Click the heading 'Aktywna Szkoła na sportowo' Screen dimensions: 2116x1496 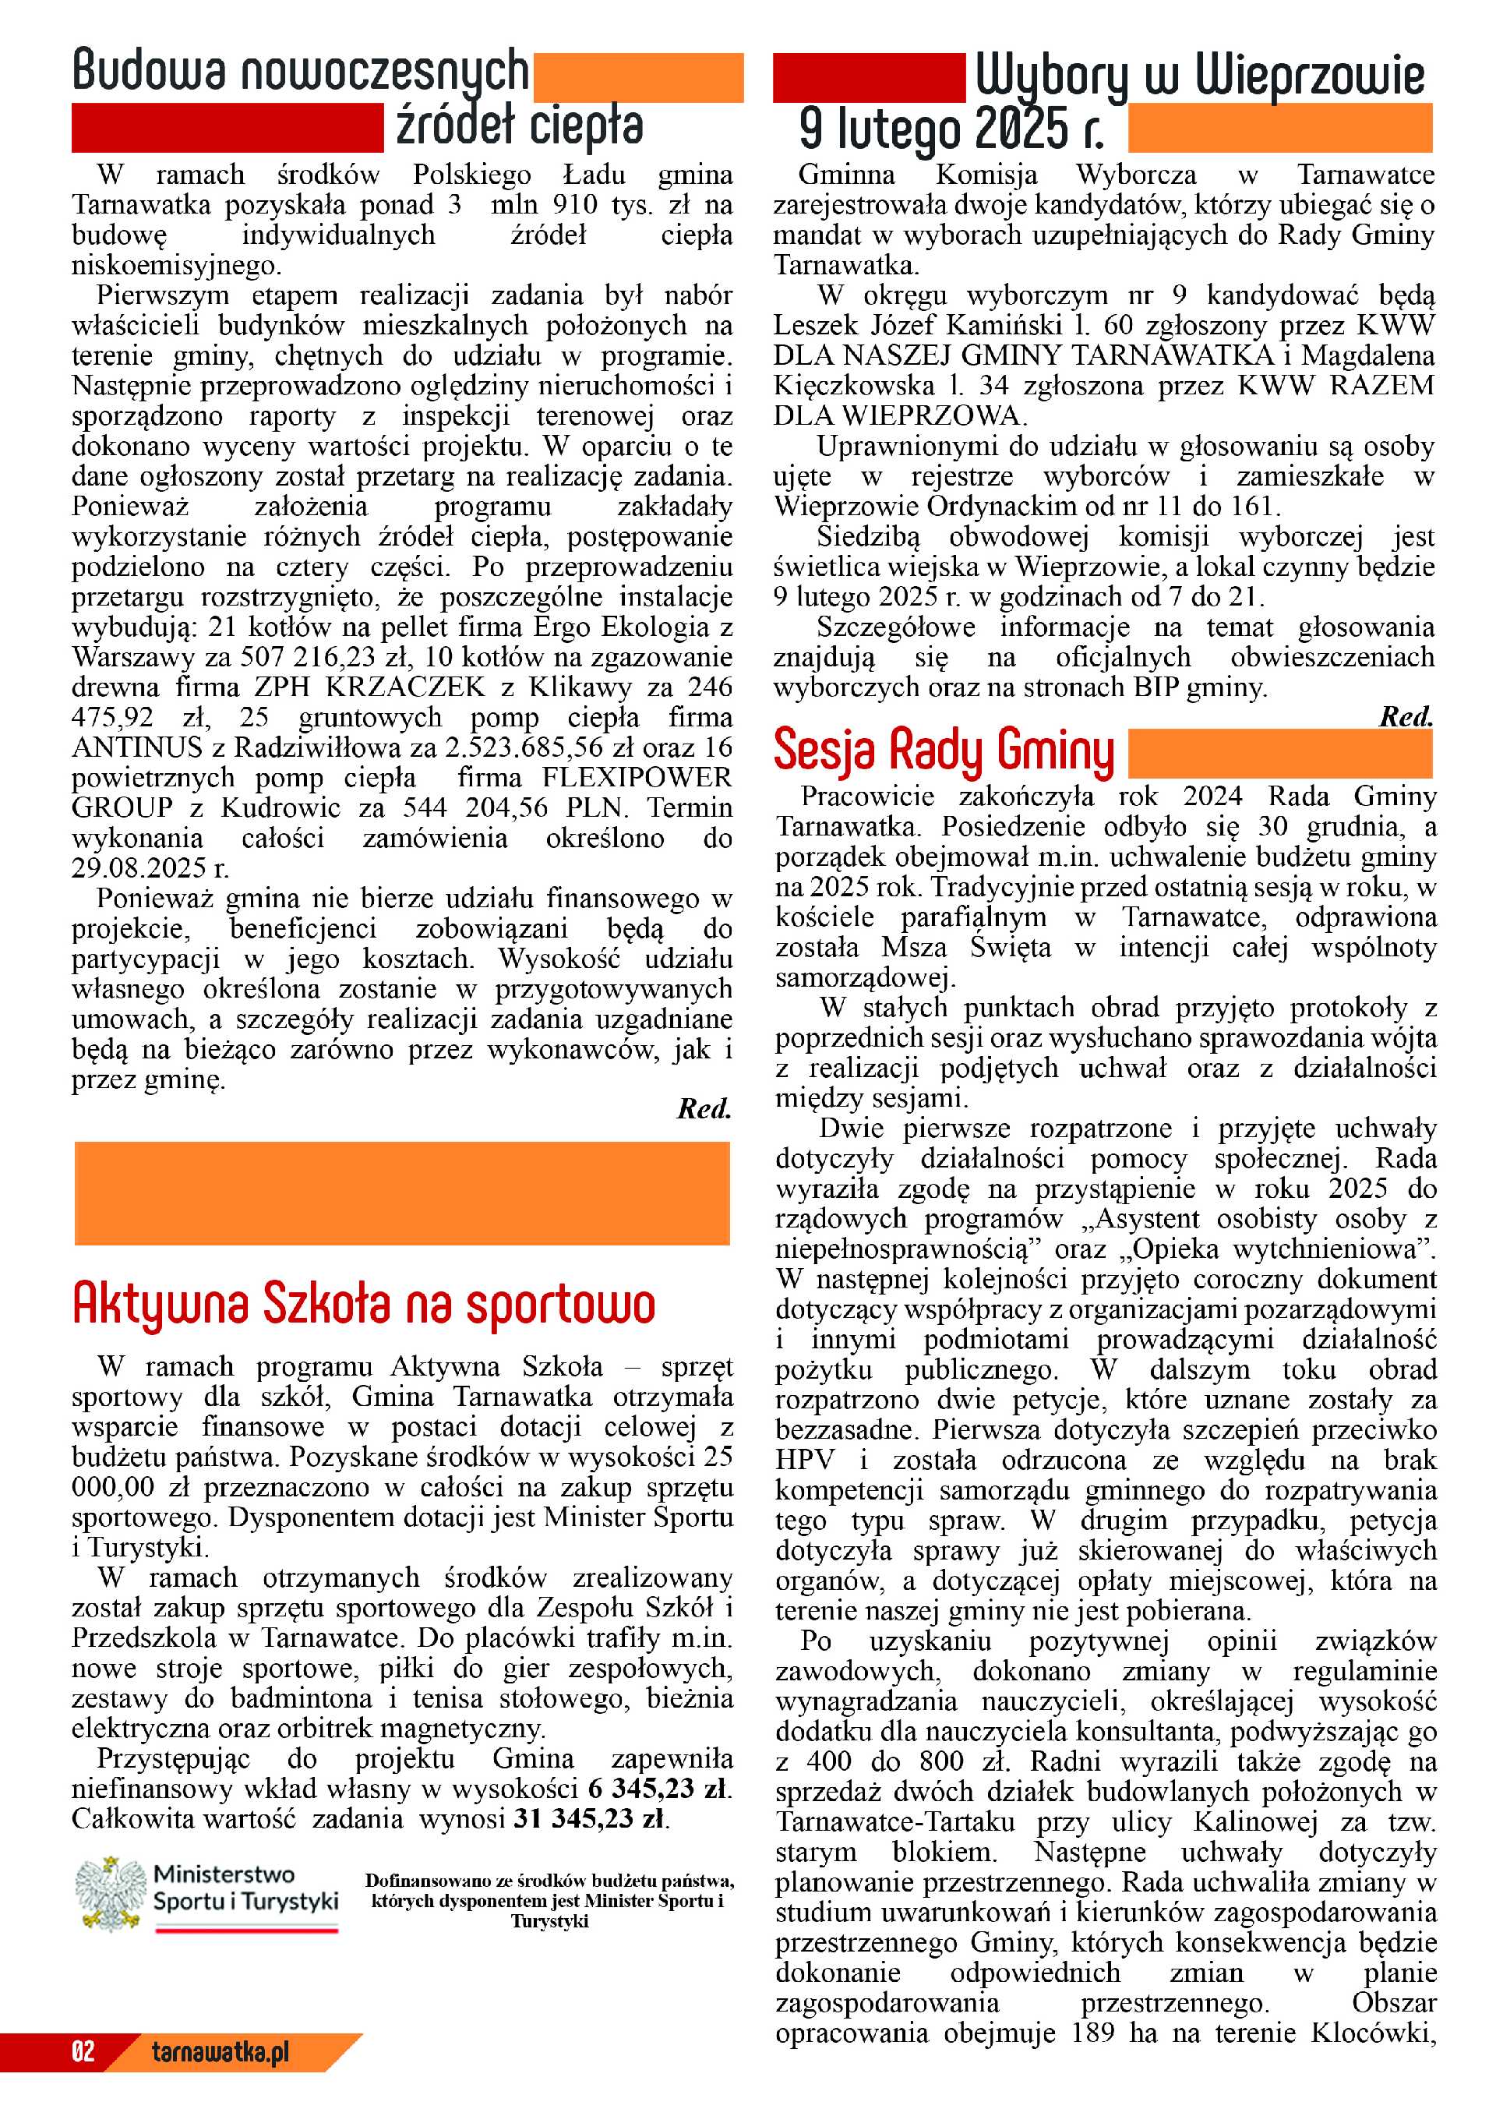[363, 1303]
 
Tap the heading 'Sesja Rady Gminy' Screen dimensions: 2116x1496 [944, 751]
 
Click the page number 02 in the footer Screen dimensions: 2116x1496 [83, 2051]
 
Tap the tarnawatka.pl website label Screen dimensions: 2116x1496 [221, 2051]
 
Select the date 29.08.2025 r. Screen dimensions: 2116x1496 [150, 868]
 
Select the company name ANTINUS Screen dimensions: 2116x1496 [136, 747]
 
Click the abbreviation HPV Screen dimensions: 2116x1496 [805, 1461]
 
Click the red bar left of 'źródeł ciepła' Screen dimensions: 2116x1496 [227, 127]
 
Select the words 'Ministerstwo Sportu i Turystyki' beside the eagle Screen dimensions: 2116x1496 [245, 1888]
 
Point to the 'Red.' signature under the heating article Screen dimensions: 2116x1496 [704, 1109]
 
